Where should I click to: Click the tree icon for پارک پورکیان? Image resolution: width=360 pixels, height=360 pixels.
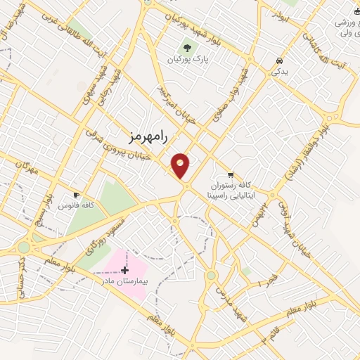pos(188,48)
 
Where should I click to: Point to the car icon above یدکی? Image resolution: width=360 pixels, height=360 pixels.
pos(280,60)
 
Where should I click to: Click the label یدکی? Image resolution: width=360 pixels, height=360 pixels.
pos(280,72)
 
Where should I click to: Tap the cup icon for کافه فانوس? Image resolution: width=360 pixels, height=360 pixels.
pos(77,195)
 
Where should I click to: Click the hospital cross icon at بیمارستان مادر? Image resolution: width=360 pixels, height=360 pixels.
pos(125,269)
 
